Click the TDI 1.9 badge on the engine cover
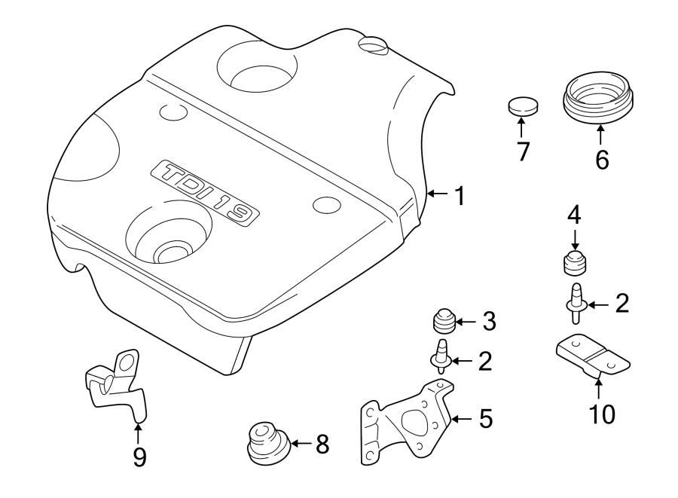(204, 193)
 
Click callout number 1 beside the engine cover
(459, 197)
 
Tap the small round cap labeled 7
(522, 105)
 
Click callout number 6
(602, 160)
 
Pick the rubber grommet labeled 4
(576, 265)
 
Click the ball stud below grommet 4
(576, 301)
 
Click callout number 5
(486, 417)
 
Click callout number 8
(322, 445)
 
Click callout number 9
(139, 457)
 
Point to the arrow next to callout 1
(438, 195)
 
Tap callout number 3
(490, 322)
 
